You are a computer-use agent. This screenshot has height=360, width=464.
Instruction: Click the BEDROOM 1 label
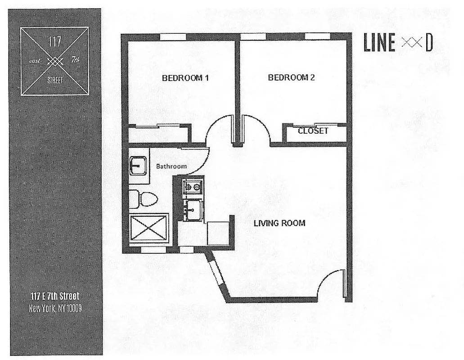(185, 77)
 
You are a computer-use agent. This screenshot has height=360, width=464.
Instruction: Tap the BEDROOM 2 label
(291, 77)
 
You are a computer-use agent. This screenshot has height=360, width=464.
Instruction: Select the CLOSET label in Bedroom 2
(313, 131)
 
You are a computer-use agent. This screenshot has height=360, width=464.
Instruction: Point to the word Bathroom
(171, 166)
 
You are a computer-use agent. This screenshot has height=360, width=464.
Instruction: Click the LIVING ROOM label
(279, 223)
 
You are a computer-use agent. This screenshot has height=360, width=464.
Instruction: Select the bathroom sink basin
(138, 166)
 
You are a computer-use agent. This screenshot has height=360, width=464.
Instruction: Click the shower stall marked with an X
(149, 229)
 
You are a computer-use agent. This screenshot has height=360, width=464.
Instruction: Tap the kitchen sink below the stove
(194, 210)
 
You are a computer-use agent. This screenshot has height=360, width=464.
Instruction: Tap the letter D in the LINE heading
(429, 44)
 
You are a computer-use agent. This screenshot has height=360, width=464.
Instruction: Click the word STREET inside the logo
(55, 80)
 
